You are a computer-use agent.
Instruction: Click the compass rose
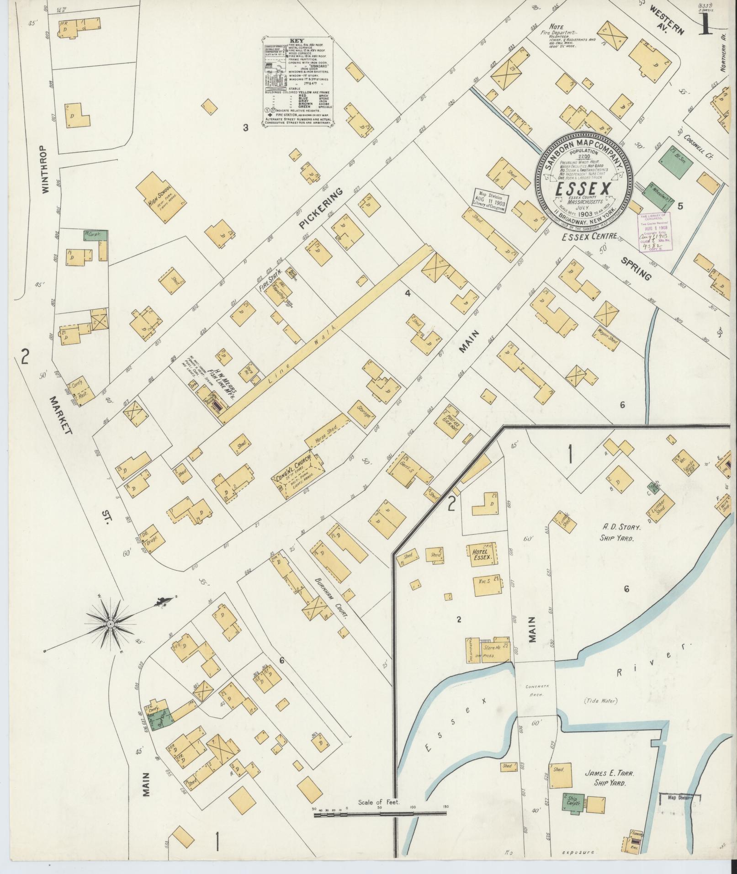coord(111,624)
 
